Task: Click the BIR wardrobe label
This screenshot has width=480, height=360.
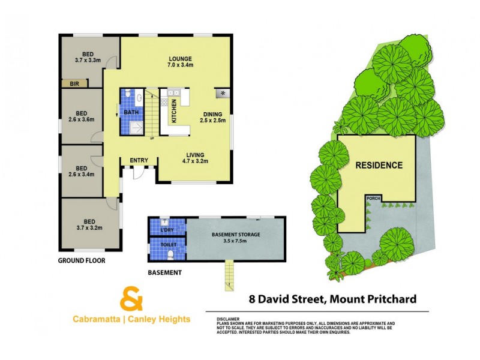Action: coord(75,84)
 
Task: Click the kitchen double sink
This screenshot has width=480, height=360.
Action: coord(175,93)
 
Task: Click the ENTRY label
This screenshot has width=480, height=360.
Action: coord(139,160)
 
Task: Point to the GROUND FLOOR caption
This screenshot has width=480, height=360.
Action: coord(82,260)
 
